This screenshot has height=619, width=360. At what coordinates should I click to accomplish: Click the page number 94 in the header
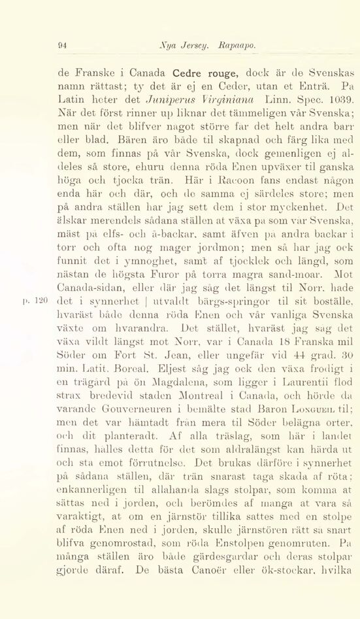[63, 46]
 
